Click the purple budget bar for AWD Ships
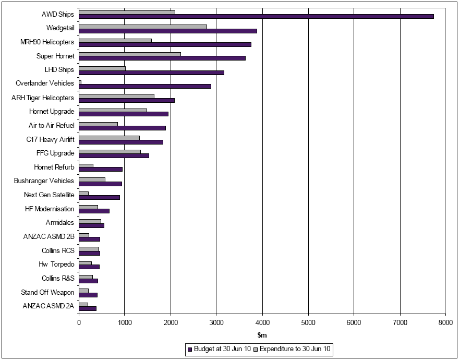pyautogui.click(x=256, y=17)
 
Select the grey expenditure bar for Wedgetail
pyautogui.click(x=143, y=26)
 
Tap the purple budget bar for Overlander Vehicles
pyautogui.click(x=145, y=86)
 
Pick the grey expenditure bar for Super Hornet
pyautogui.click(x=130, y=54)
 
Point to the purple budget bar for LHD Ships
pyautogui.click(x=151, y=73)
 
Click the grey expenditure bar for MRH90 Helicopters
pyautogui.click(x=115, y=40)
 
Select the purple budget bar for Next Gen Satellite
pyautogui.click(x=99, y=197)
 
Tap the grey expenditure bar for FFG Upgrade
pyautogui.click(x=110, y=151)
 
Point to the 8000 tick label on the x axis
pyautogui.click(x=445, y=323)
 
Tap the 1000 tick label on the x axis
pyautogui.click(x=125, y=323)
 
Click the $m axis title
pyautogui.click(x=262, y=335)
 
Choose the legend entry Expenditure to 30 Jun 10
pyautogui.click(x=296, y=349)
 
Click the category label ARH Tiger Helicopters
pyautogui.click(x=43, y=98)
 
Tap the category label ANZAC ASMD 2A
pyautogui.click(x=49, y=306)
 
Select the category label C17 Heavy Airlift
pyautogui.click(x=50, y=139)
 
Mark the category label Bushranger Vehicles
pyautogui.click(x=44, y=181)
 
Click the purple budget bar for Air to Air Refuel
pyautogui.click(x=122, y=128)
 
